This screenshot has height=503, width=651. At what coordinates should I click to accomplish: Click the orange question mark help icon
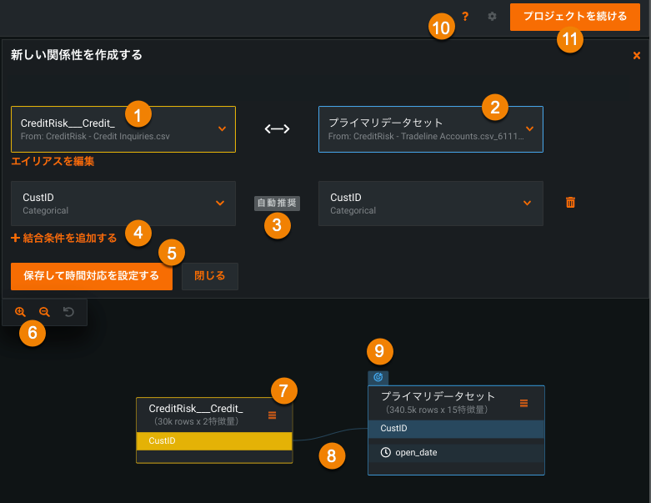[465, 16]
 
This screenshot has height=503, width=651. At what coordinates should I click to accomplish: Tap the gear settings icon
[492, 16]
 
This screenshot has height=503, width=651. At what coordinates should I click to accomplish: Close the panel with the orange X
[637, 56]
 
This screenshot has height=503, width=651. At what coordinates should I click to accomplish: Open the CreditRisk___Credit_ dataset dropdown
[123, 128]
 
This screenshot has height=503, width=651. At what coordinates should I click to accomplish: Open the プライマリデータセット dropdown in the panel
[430, 128]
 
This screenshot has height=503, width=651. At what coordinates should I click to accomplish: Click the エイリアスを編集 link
[53, 161]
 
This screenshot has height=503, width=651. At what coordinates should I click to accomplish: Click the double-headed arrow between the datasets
[277, 128]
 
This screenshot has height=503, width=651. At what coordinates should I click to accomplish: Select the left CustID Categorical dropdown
[123, 204]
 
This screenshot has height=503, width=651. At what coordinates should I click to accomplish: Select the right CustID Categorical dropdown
[430, 204]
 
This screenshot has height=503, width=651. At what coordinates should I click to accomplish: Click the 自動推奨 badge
[276, 203]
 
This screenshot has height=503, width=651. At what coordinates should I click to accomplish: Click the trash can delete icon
[570, 202]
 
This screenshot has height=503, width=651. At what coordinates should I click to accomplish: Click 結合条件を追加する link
[64, 238]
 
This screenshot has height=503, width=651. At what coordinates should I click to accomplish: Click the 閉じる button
[209, 276]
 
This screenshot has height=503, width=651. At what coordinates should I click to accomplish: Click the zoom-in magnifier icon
[20, 312]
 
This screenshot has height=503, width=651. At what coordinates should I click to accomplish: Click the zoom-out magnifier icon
[44, 312]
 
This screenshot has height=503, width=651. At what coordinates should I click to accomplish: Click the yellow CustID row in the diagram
[214, 440]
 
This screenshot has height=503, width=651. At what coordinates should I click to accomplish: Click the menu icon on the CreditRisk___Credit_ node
[272, 415]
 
